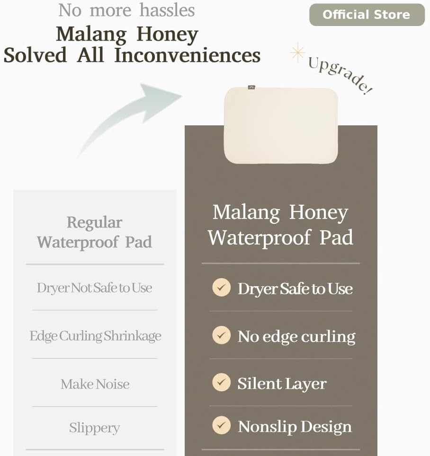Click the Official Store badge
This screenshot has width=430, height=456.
pos(367,15)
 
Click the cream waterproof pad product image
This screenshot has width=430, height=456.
pos(281,125)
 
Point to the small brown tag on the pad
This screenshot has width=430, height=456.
pos(251,87)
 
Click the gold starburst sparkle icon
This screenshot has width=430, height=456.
pos(297,53)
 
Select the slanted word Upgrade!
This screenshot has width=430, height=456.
pos(340,74)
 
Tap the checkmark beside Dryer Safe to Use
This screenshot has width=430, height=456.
pos(221,287)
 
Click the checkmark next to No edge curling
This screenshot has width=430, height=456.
pos(221,335)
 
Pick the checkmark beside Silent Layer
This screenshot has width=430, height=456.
pos(221,382)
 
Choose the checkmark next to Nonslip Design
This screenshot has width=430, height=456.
pos(221,425)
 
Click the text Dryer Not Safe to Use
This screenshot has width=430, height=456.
pos(94,288)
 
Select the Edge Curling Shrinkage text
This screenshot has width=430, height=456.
pos(95,336)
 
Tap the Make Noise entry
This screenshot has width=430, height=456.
pos(95,384)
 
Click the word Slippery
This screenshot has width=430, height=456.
pos(94,428)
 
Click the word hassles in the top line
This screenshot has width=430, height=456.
pos(167,10)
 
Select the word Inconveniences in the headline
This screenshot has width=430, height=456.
pos(187,55)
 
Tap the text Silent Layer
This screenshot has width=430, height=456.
pos(282,384)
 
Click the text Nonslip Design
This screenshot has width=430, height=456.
pos(295,427)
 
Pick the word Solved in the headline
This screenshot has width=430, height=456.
pos(35,55)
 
